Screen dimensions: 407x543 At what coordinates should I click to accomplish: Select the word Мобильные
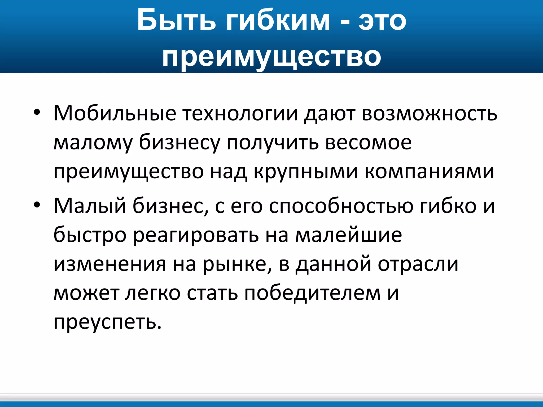(x=115, y=113)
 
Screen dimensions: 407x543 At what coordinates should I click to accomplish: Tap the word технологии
(x=240, y=113)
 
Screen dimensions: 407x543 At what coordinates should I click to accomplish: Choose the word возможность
(x=430, y=113)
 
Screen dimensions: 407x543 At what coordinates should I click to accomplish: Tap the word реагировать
(x=196, y=235)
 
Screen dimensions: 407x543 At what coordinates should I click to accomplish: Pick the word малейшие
(x=349, y=235)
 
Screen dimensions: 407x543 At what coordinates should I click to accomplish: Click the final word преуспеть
(x=107, y=323)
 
